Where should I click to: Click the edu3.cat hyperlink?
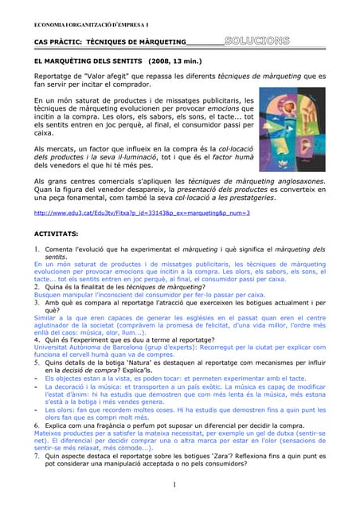click(x=131, y=214)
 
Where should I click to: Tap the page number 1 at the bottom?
click(x=173, y=484)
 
